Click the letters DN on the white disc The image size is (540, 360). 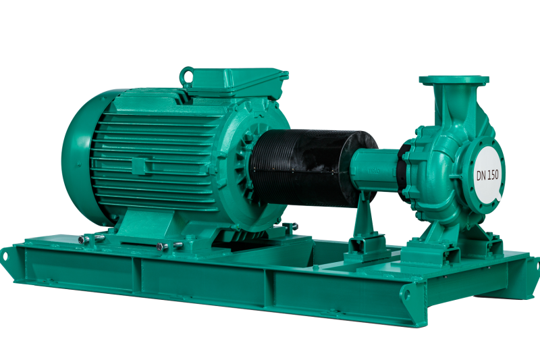pyautogui.click(x=481, y=176)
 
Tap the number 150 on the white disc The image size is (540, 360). pyautogui.click(x=492, y=174)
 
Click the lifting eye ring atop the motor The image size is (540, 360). pyautogui.click(x=187, y=75)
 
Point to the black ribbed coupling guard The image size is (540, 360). pyautogui.click(x=313, y=168)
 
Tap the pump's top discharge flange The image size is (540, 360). pyautogui.click(x=454, y=80)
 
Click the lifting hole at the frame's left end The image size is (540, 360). pyautogui.click(x=5, y=255)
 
